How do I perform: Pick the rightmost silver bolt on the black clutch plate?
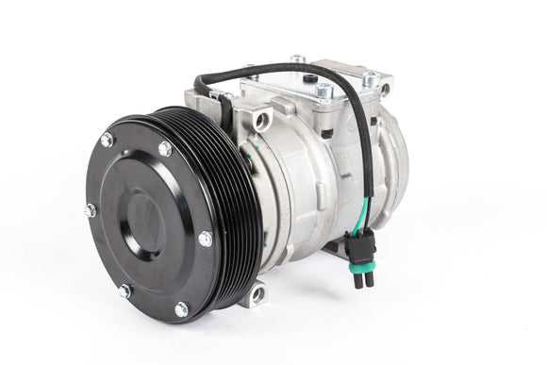click(x=206, y=239)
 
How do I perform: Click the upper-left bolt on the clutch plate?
click(x=107, y=141)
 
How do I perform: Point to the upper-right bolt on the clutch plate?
click(x=165, y=149)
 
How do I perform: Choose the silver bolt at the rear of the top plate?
click(x=299, y=60)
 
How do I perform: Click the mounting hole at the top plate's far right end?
click(x=386, y=90)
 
